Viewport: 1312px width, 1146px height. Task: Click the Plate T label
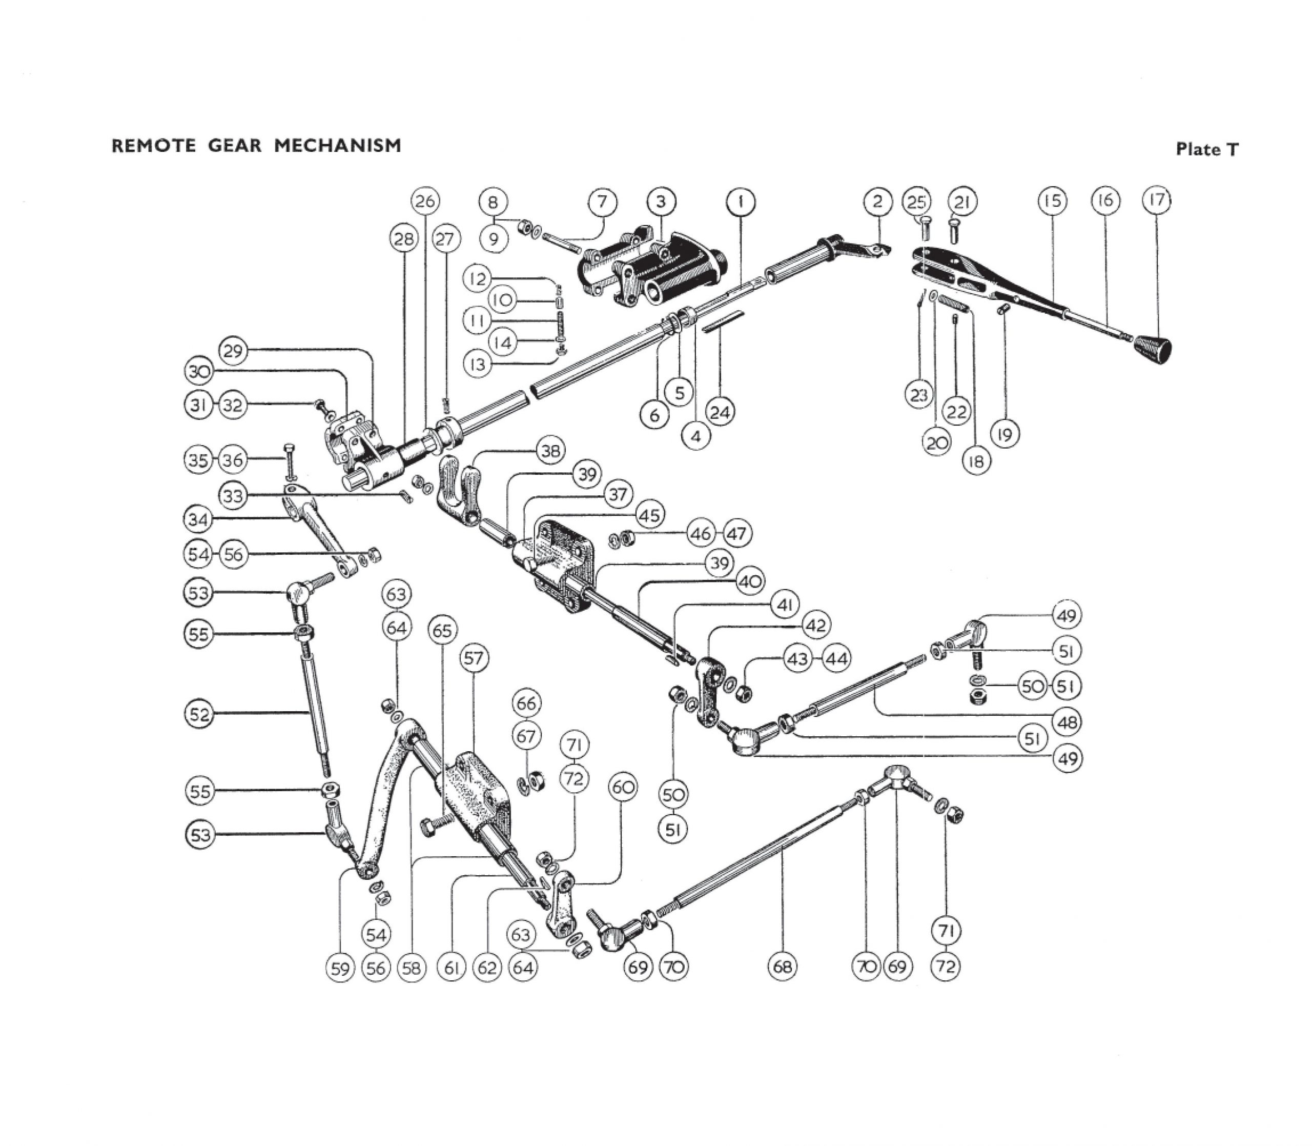point(1206,150)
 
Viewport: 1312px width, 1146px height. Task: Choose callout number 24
point(720,412)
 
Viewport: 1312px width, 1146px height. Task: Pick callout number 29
point(233,351)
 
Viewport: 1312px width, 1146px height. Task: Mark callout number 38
point(550,451)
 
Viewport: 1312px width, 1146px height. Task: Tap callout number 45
point(650,515)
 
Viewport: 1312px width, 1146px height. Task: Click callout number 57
point(474,658)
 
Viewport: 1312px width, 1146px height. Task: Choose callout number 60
point(623,787)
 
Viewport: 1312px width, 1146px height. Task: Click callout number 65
point(442,631)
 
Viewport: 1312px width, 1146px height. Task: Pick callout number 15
point(1052,201)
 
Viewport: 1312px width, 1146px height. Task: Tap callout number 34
point(198,519)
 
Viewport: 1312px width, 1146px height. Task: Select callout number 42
point(815,625)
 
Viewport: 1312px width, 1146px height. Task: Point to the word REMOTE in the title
point(153,146)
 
